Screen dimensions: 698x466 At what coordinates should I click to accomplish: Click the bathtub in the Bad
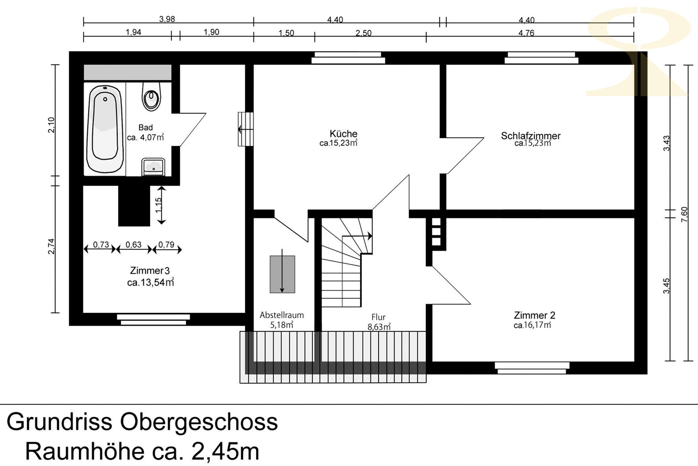pyautogui.click(x=105, y=129)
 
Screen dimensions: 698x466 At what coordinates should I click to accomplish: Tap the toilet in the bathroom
pyautogui.click(x=151, y=97)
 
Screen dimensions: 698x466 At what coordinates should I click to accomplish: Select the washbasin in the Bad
pyautogui.click(x=153, y=167)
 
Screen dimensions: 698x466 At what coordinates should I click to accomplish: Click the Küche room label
pyautogui.click(x=343, y=133)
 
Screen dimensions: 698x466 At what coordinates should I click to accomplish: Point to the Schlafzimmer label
pyautogui.click(x=530, y=136)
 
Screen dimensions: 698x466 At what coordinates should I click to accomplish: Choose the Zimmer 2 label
pyautogui.click(x=534, y=315)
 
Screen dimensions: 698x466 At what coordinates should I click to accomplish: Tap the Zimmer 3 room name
pyautogui.click(x=150, y=270)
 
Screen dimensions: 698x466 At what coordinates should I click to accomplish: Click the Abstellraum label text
pyautogui.click(x=282, y=315)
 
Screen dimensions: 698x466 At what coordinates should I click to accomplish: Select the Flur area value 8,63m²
pyautogui.click(x=379, y=327)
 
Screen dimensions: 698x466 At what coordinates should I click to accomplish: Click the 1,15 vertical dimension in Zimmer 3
pyautogui.click(x=159, y=205)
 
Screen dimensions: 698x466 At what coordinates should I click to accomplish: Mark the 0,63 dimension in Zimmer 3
pyautogui.click(x=133, y=245)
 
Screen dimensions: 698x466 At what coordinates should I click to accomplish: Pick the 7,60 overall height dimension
pyautogui.click(x=684, y=214)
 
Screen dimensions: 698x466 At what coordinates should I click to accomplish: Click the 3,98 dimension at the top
pyautogui.click(x=167, y=19)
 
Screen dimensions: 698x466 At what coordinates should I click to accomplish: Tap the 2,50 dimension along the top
pyautogui.click(x=363, y=33)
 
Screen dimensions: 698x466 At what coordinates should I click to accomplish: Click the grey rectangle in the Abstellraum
pyautogui.click(x=283, y=274)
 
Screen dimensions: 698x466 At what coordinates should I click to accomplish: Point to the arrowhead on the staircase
pyautogui.click(x=370, y=236)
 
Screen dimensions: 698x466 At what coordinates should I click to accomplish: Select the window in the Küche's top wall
pyautogui.click(x=348, y=58)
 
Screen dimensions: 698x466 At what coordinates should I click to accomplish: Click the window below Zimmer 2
pyautogui.click(x=532, y=368)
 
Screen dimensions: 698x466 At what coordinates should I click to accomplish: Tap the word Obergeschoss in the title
pyautogui.click(x=199, y=422)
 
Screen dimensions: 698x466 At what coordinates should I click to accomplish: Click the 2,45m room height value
pyautogui.click(x=225, y=451)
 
